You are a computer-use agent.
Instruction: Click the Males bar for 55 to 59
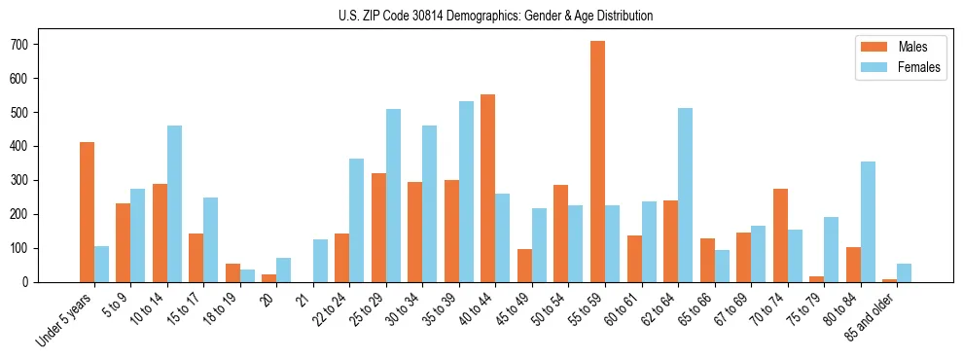(597, 162)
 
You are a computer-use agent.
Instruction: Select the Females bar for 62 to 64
(685, 195)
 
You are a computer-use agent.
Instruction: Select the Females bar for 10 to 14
(174, 203)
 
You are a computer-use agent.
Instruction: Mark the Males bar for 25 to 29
(378, 228)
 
